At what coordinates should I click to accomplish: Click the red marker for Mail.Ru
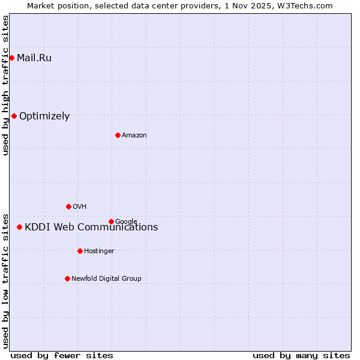pos(12,58)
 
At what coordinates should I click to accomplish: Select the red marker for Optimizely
pos(14,116)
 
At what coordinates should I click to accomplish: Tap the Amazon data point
pos(118,135)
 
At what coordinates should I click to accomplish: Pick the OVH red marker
pos(68,206)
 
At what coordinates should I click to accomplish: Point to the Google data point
pos(111,221)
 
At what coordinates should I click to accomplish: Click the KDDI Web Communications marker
pos(20,227)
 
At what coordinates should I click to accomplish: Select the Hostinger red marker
pos(80,251)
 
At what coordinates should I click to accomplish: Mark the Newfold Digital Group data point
pos(67,278)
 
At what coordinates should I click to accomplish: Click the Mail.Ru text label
pos(34,58)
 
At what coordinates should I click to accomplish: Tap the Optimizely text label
pos(44,116)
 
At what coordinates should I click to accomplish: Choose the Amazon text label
pos(134,135)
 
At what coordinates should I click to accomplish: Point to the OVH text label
pos(80,206)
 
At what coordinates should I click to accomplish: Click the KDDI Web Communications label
pos(91,227)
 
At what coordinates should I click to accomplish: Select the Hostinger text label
pos(99,251)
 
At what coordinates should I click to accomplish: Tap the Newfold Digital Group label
pos(106,278)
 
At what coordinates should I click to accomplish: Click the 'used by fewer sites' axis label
pos(62,355)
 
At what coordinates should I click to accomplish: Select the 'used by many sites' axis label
pos(301,355)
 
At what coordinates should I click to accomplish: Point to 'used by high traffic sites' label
pos(5,85)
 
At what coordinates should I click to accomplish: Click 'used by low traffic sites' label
pos(5,280)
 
